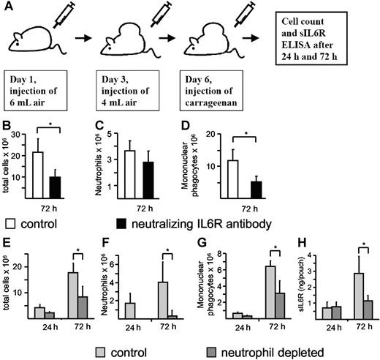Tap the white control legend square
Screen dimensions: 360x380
[x=9, y=220]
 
